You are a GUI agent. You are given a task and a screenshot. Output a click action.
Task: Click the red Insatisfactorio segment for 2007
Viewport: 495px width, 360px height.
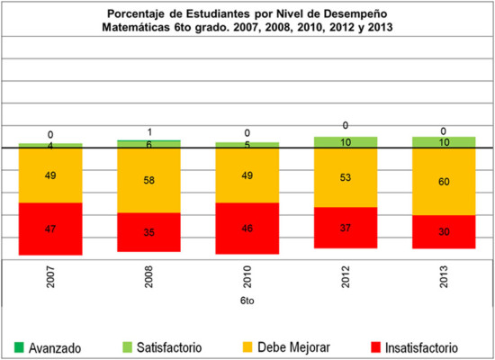[50, 229]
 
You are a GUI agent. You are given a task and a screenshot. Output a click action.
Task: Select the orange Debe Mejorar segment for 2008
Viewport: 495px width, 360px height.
[148, 180]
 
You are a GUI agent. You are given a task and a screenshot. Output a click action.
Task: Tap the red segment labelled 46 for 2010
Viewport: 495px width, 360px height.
[247, 229]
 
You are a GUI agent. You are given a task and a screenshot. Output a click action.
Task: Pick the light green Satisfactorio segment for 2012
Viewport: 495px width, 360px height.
[346, 142]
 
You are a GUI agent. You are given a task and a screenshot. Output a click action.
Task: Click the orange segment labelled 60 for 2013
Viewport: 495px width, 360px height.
[444, 181]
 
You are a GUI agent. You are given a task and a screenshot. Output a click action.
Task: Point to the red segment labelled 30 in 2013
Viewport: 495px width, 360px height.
[444, 231]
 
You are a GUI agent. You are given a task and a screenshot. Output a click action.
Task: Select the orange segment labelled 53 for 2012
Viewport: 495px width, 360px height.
[346, 177]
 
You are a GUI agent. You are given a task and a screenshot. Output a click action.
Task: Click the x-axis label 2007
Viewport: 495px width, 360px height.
[51, 274]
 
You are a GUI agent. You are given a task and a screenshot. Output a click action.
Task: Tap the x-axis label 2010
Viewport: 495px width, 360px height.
[248, 274]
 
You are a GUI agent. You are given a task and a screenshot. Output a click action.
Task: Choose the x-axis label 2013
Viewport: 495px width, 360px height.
[445, 274]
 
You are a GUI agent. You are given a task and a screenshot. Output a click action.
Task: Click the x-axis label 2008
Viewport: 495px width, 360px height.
[149, 274]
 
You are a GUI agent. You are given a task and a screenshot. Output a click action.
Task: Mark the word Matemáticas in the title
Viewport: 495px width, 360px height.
[142, 28]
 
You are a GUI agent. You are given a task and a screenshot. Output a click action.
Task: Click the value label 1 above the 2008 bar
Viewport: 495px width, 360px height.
[148, 131]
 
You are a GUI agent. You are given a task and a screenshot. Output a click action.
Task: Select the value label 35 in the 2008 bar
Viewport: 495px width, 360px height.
[148, 231]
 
